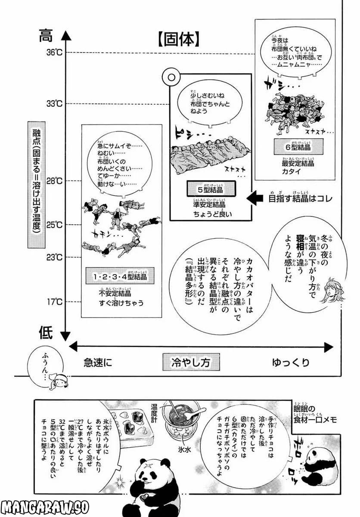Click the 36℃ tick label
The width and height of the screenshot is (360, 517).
pyautogui.click(x=55, y=53)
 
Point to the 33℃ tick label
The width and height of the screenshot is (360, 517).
pyautogui.click(x=55, y=103)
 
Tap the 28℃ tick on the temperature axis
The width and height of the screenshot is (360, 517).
pyautogui.click(x=55, y=181)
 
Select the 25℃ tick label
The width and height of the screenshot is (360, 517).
pyautogui.click(x=55, y=224)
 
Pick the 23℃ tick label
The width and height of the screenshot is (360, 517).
pyautogui.click(x=55, y=258)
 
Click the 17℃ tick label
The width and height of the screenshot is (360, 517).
pyautogui.click(x=55, y=302)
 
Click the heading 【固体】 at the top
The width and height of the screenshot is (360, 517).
pyautogui.click(x=178, y=40)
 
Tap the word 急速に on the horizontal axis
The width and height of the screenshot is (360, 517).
pyautogui.click(x=98, y=362)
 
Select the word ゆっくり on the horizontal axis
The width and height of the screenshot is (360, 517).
pyautogui.click(x=290, y=362)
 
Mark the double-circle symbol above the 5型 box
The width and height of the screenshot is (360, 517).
pyautogui.click(x=171, y=78)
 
